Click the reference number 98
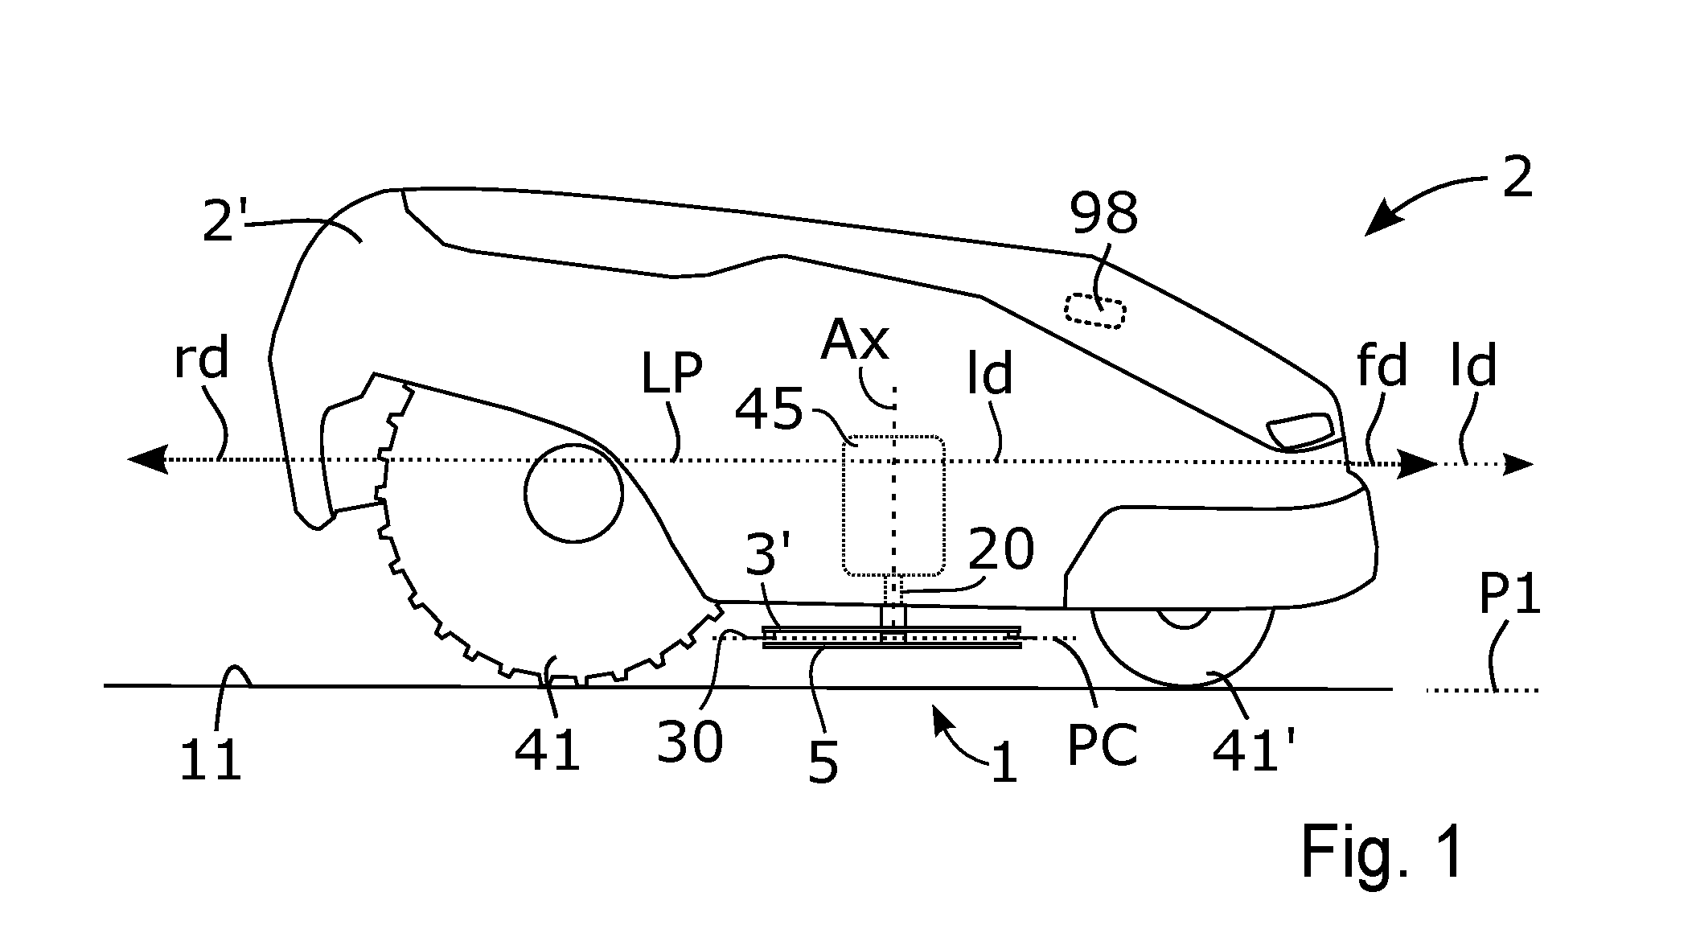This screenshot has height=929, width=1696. [x=1103, y=214]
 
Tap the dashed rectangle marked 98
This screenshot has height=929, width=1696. [x=1094, y=311]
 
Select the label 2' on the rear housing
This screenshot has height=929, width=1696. [x=225, y=222]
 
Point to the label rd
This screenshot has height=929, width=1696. [x=202, y=359]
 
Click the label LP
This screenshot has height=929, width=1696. [x=671, y=374]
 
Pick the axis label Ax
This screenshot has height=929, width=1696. [x=855, y=340]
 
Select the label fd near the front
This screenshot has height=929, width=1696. [x=1382, y=367]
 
